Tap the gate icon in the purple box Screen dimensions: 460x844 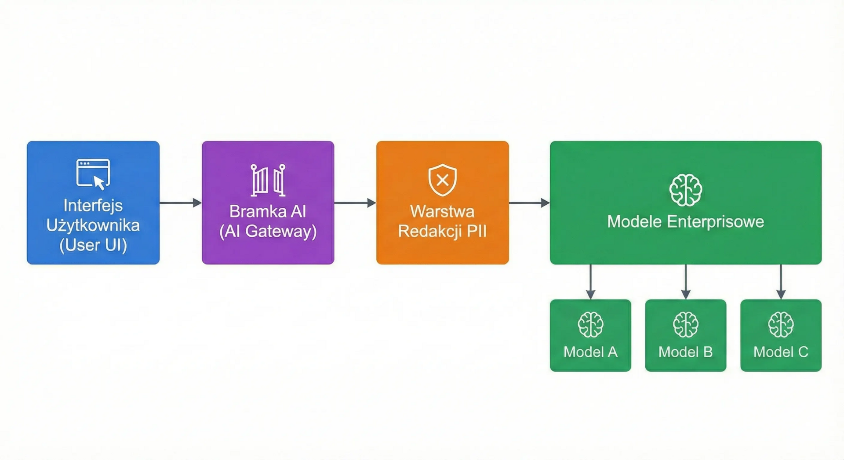tap(268, 180)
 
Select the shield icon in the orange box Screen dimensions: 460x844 tap(442, 180)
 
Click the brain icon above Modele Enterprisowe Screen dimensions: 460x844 tap(685, 190)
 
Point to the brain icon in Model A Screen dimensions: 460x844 tap(590, 325)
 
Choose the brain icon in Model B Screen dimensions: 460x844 tap(685, 325)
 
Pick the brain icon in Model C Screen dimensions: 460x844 tap(781, 325)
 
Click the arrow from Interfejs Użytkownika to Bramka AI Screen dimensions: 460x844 tap(180, 203)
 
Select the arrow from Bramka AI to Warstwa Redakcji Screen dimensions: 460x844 tap(355, 203)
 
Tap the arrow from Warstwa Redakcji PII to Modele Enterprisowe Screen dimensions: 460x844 tap(529, 203)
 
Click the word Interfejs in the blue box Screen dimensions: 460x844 tap(93, 206)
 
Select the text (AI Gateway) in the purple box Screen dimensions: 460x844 tap(268, 231)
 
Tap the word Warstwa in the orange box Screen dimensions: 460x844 tap(442, 211)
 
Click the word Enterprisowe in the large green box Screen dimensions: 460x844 tap(715, 221)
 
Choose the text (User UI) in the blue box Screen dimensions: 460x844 tap(93, 245)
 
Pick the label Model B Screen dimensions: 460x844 tap(685, 352)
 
